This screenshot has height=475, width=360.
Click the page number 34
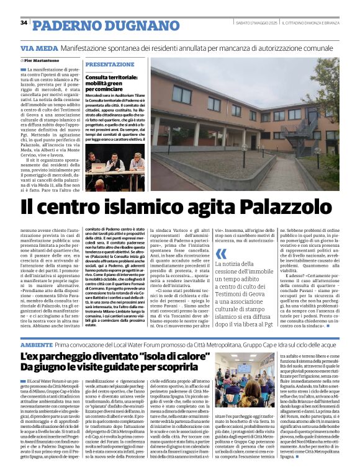pos(24,22)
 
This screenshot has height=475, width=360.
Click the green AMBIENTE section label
pos(35,344)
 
